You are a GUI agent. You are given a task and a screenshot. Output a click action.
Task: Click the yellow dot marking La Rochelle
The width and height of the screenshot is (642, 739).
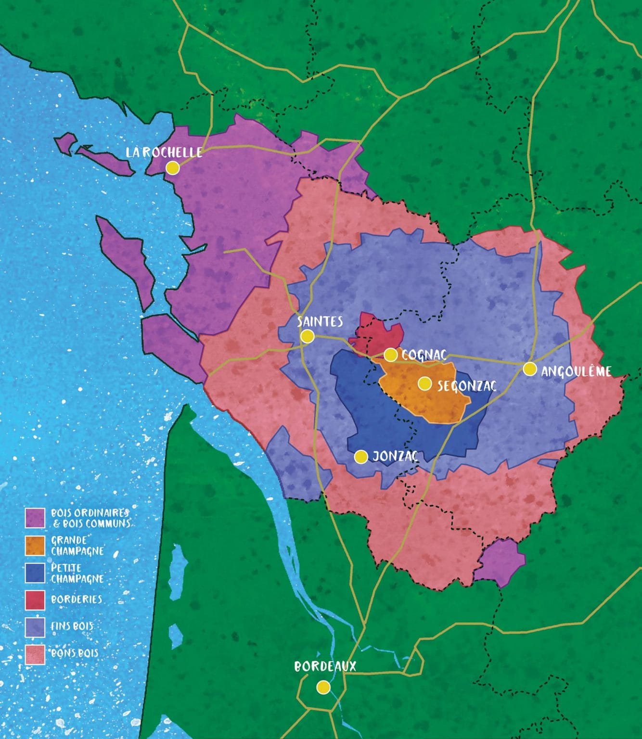pos(172,168)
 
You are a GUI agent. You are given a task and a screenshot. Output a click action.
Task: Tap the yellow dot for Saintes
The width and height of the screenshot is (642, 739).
pos(307,336)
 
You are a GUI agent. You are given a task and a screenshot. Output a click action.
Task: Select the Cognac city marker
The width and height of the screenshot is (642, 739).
pos(390,355)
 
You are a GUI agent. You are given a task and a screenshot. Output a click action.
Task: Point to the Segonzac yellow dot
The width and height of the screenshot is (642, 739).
pos(424,383)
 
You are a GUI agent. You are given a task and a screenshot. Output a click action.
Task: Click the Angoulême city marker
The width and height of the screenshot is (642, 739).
pos(530,369)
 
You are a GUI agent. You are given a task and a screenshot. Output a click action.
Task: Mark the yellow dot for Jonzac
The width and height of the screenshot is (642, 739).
pos(361,457)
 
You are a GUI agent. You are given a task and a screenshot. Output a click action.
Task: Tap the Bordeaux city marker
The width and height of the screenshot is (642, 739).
pos(323,687)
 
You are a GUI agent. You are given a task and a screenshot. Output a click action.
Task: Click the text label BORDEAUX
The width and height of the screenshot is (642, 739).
pos(325,666)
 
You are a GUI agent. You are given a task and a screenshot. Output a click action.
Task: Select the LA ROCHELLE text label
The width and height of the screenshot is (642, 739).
pos(164,152)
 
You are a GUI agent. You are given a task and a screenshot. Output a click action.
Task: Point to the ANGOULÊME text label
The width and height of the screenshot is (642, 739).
pos(576,371)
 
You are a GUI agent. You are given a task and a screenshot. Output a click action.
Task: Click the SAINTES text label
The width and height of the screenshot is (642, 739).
pos(320,321)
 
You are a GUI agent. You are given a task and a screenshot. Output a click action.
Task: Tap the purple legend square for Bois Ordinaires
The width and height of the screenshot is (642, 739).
pos(35,518)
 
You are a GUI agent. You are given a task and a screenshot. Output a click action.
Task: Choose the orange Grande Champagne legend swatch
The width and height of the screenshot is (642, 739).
pos(35,546)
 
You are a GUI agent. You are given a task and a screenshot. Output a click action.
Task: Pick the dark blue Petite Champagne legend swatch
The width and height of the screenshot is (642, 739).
pos(35,573)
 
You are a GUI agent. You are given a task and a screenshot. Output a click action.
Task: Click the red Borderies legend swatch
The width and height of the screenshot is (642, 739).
pos(35,600)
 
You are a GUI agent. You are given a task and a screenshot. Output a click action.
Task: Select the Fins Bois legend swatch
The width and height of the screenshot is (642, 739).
pos(35,627)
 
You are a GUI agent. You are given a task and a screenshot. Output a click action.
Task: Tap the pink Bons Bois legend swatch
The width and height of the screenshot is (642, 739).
pos(35,654)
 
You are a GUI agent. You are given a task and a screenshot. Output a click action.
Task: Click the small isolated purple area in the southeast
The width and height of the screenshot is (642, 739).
pos(501,562)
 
